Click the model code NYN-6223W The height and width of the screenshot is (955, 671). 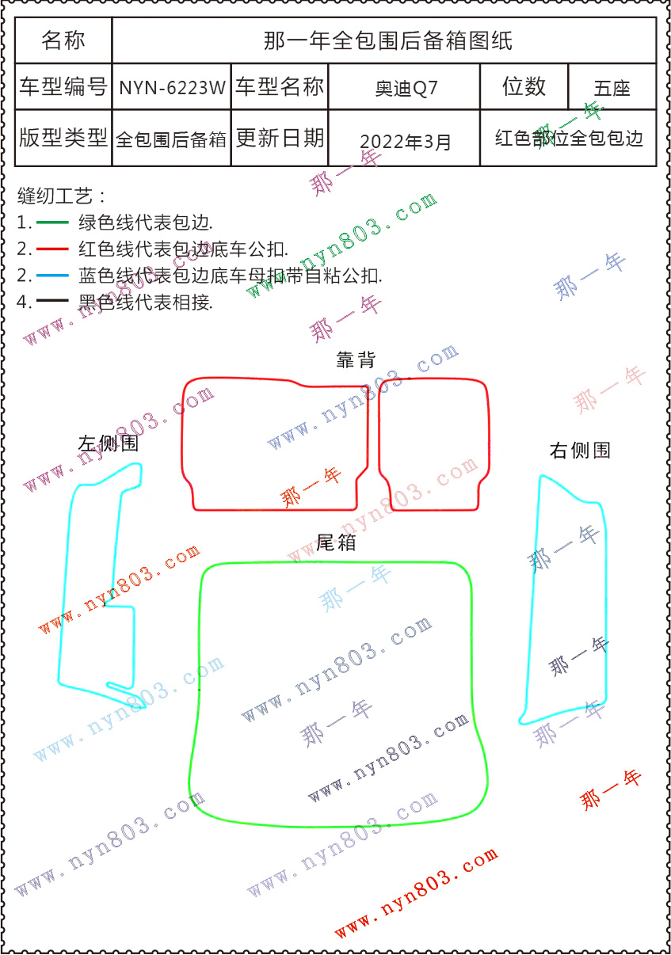[172, 88]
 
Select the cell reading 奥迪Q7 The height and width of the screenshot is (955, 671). [406, 88]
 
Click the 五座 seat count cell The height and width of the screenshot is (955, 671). [612, 88]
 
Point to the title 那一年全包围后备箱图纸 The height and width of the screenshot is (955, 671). [387, 40]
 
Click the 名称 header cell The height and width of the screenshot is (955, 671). [63, 40]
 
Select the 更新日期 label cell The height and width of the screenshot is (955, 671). [280, 139]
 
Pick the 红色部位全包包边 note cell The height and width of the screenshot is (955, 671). [569, 139]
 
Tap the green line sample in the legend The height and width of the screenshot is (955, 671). [53, 223]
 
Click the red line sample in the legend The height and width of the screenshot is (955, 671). [53, 249]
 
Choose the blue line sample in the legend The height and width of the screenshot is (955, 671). [53, 276]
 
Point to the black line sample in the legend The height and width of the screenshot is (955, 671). [53, 302]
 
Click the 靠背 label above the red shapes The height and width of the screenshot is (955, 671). [356, 360]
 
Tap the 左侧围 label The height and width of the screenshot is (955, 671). [108, 443]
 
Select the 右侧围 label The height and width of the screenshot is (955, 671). [580, 451]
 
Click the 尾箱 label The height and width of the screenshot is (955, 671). [336, 542]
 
